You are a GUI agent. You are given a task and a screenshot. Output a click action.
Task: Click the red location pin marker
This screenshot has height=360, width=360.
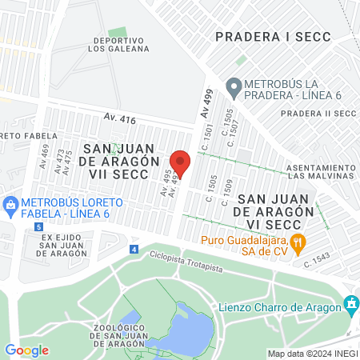click(x=180, y=163)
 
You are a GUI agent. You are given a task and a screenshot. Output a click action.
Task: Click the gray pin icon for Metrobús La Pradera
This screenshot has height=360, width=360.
click(x=234, y=85)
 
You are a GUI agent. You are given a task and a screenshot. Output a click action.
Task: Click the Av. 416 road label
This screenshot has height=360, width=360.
click(x=119, y=118)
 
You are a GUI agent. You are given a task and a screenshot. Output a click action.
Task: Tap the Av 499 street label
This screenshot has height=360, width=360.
click(x=206, y=106)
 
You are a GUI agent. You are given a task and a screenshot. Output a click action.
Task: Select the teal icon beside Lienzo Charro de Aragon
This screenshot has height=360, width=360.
click(x=350, y=304)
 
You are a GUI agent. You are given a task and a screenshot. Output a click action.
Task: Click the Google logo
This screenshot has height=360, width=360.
click(x=26, y=350)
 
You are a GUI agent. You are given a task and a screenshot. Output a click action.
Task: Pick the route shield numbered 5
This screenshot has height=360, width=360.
click(x=39, y=227)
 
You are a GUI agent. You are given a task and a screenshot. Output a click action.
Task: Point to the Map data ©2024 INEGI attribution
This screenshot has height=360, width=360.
click(x=310, y=354)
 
